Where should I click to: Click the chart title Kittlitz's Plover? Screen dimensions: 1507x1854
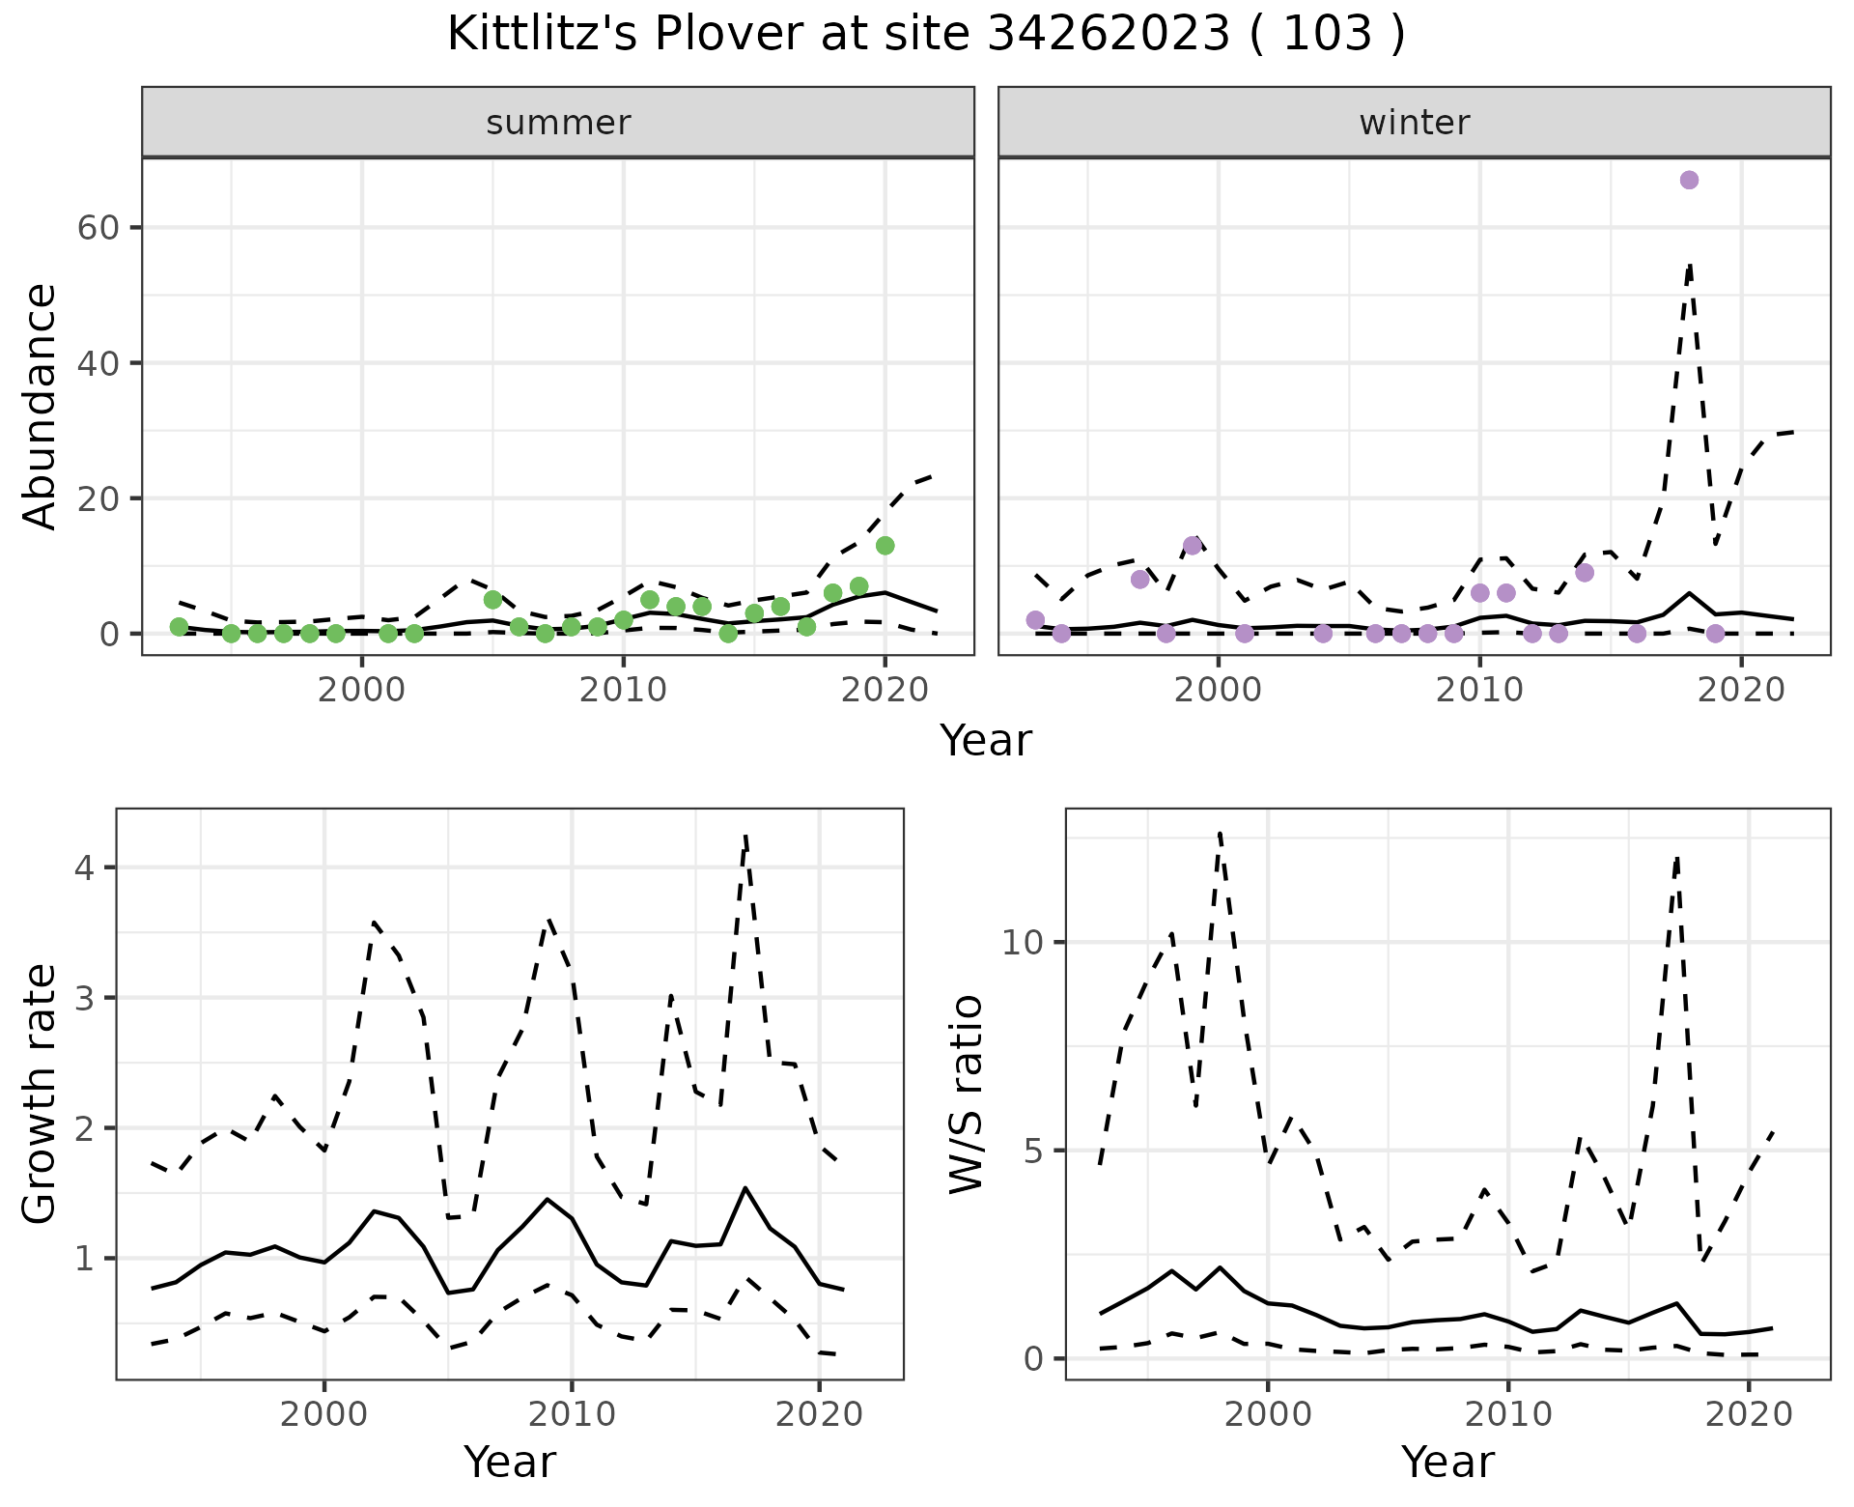point(925,35)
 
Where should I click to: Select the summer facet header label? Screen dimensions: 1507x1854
point(558,123)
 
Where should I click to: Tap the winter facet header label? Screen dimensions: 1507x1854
point(1414,123)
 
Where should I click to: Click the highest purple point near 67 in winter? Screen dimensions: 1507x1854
point(1689,180)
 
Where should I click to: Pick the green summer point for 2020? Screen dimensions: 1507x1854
point(885,546)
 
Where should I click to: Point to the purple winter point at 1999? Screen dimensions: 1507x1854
point(1193,546)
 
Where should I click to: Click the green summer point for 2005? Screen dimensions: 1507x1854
point(492,600)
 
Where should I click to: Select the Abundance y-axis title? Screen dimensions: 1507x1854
point(41,406)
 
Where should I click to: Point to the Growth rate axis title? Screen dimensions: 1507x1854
point(41,1095)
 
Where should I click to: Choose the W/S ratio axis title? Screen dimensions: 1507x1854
point(966,1095)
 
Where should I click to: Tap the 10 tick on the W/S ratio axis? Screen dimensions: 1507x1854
point(1024,942)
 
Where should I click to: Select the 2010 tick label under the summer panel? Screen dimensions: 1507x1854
point(623,690)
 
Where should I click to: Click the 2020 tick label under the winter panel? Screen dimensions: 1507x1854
point(1741,690)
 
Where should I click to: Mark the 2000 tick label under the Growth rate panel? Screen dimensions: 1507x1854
point(324,1414)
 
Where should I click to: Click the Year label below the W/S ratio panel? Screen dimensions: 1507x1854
point(1447,1462)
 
